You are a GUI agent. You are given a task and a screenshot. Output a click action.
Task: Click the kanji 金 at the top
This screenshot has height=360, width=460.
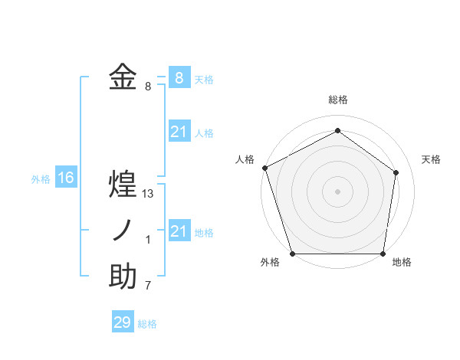[x=123, y=77]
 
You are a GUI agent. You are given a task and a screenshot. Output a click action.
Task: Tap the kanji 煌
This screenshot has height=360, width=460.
[x=123, y=185]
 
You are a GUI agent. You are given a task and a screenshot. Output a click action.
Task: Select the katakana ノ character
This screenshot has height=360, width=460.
[x=123, y=231]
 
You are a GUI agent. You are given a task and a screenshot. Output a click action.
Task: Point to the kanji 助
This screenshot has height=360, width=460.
[x=123, y=277]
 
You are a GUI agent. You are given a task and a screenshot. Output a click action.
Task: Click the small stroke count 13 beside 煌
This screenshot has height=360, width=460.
[x=148, y=194]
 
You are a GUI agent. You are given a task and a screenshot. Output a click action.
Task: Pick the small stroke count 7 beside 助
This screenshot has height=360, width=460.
[x=148, y=286]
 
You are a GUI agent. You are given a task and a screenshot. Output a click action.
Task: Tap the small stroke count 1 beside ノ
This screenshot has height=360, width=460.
[x=148, y=240]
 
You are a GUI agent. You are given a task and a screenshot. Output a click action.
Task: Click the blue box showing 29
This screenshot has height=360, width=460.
[x=123, y=322]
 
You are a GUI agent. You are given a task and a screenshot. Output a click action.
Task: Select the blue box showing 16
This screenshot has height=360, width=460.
[x=66, y=178]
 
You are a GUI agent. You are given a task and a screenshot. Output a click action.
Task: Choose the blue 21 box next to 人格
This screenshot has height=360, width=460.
[x=179, y=132]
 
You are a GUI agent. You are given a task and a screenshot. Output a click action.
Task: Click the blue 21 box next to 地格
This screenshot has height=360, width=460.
[x=179, y=231]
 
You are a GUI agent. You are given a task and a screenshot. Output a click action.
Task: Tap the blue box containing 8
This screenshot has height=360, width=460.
[x=179, y=77]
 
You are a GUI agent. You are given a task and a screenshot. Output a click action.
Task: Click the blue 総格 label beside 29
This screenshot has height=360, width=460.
[x=147, y=324]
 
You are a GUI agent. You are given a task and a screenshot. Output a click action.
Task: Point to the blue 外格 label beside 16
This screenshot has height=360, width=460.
[x=41, y=179]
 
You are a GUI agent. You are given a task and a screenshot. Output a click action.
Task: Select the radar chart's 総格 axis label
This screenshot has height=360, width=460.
[x=337, y=100]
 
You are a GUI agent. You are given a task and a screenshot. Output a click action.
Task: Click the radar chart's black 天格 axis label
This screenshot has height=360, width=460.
[x=431, y=159]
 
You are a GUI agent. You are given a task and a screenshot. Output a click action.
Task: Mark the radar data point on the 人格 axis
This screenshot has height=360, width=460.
[x=264, y=167]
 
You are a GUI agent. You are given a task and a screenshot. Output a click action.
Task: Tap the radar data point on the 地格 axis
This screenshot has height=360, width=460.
[x=383, y=254]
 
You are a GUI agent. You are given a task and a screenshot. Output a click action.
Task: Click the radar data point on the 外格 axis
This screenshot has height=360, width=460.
[x=292, y=254]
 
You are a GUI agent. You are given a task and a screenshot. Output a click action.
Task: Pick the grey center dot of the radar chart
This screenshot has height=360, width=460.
[x=337, y=191]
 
